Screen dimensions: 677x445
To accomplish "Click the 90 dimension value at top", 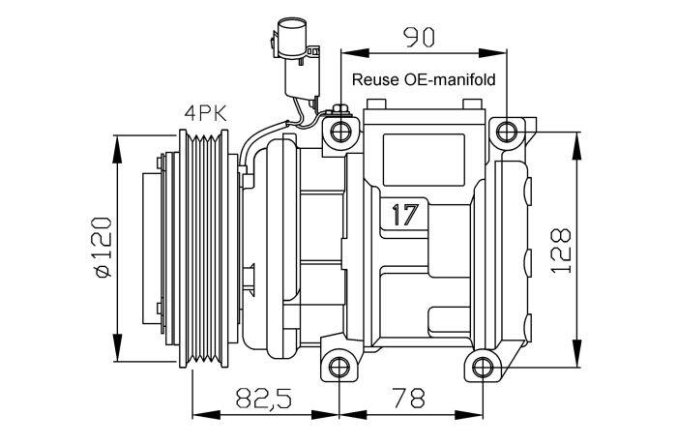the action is [x=419, y=37].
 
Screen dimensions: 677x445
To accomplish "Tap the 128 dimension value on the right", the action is [x=561, y=250].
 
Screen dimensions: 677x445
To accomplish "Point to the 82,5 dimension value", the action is [x=264, y=398].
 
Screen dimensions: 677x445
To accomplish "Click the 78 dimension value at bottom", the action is [x=408, y=398].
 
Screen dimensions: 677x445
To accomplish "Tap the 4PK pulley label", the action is [x=205, y=113].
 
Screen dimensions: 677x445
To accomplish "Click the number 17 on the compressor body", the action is [x=405, y=215].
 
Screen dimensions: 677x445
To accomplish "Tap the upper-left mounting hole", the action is [x=340, y=132].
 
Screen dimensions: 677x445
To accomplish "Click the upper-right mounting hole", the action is [x=507, y=132].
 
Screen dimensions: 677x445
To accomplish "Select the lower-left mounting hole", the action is [x=339, y=368].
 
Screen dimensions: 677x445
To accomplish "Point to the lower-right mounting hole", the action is [x=483, y=368].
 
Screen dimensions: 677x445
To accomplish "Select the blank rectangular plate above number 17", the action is [x=424, y=160].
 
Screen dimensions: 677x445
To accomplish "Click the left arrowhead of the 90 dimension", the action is [x=355, y=52].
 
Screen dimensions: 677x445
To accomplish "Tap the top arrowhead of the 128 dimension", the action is [x=576, y=146].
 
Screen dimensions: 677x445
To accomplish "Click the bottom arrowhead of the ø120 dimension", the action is [x=117, y=347].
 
